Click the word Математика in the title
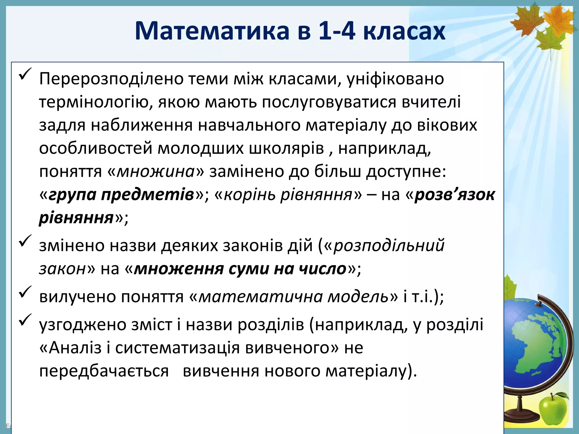[212, 31]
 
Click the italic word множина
[156, 172]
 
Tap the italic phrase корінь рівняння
[288, 195]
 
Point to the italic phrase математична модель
[294, 297]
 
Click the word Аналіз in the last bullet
[75, 348]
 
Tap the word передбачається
[104, 371]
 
